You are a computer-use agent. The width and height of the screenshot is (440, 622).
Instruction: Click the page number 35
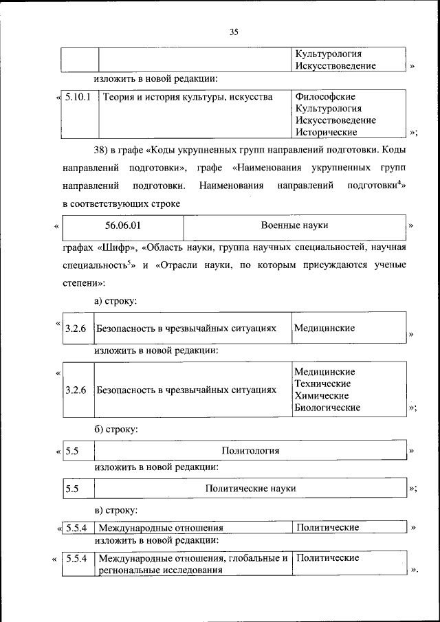point(234,32)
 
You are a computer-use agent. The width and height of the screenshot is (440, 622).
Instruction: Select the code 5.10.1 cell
point(78,97)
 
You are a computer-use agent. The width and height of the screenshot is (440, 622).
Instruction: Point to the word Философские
point(325,97)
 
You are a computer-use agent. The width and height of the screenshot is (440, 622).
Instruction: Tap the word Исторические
point(326,132)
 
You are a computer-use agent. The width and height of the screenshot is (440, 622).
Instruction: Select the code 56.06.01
point(124,225)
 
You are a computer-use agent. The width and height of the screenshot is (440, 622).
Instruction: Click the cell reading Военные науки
point(294,225)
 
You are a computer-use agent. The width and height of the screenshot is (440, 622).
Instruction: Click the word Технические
point(322,384)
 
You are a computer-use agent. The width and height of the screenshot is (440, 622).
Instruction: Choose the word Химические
point(321,395)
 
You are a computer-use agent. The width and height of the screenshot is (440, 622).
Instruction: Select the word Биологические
point(327,408)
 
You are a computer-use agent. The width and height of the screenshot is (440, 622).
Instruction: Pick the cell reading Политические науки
point(250,488)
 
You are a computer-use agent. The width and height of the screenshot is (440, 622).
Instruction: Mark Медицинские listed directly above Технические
point(324,372)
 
